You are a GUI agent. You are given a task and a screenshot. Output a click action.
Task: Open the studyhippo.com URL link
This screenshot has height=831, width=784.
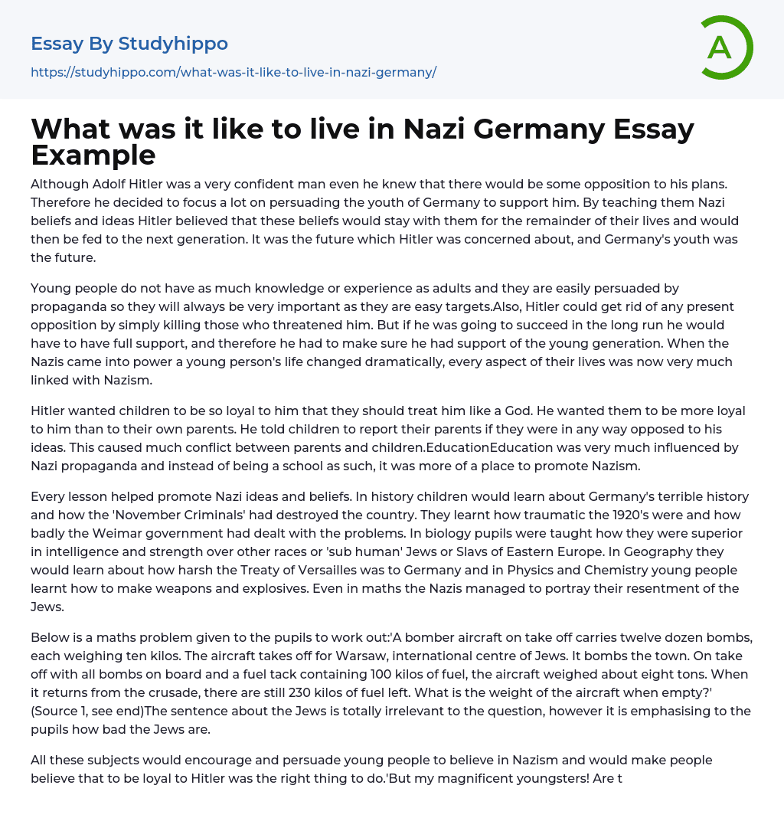point(234,73)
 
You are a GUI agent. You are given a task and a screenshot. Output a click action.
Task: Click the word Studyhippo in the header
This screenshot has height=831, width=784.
point(173,44)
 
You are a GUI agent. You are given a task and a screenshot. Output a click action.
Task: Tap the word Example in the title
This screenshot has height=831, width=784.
point(93,155)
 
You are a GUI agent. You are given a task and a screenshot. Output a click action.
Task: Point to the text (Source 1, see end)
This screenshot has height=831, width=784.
point(86,710)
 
